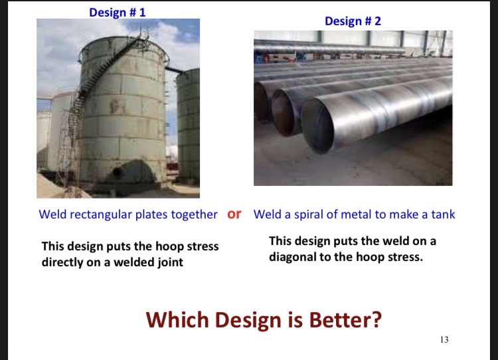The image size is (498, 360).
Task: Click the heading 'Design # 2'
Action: coord(353,21)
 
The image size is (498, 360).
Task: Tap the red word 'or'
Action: coord(234,214)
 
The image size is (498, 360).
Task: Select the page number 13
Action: coord(444,340)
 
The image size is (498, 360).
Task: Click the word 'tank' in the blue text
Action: coord(442,215)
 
